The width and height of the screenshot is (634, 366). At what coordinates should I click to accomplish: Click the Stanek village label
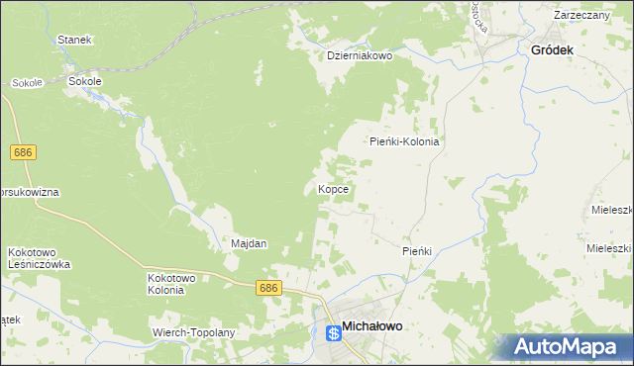tap(74, 40)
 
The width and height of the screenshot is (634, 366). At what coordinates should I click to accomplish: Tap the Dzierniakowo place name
tap(361, 56)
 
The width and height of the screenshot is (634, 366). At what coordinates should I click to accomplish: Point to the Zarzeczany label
tap(581, 16)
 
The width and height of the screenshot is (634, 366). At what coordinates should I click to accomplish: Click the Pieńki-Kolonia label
tap(404, 141)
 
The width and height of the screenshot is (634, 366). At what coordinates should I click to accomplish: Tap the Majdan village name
tap(249, 243)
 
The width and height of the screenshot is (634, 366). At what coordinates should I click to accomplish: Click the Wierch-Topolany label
tap(193, 332)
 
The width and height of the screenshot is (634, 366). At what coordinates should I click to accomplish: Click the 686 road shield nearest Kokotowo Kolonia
tap(268, 288)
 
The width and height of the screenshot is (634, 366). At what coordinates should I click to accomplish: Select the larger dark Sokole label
tap(84, 81)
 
